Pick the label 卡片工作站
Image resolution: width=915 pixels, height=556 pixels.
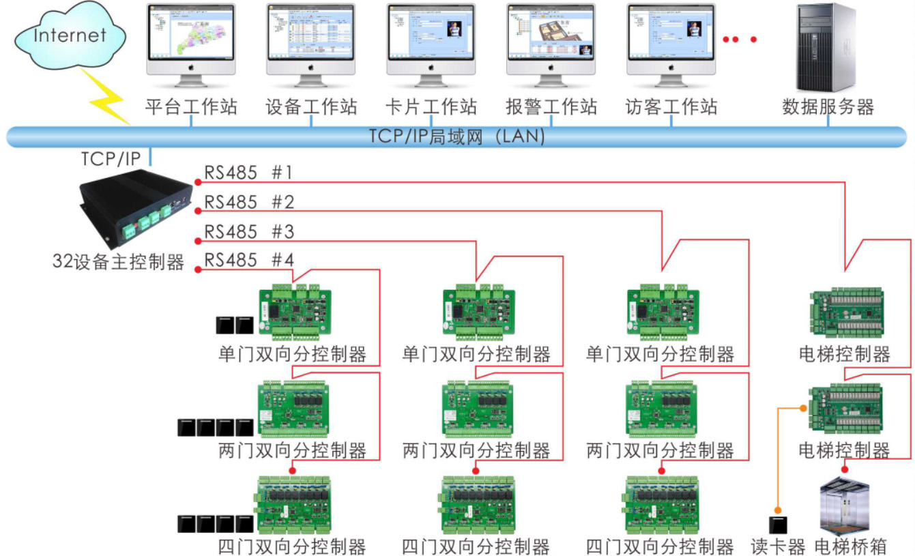point(431,107)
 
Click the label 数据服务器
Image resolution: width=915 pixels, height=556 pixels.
point(828,107)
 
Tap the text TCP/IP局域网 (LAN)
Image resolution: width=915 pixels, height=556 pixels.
point(457,136)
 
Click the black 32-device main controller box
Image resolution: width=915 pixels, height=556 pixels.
point(134,204)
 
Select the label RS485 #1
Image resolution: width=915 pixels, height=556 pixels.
point(248,173)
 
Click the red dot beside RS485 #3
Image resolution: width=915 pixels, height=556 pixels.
point(197,240)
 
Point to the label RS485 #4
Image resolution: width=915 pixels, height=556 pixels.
point(248,261)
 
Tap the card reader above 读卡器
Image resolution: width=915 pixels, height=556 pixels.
point(777,526)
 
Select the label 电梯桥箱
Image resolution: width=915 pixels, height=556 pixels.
point(851,546)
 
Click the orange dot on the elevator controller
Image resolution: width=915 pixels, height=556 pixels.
point(804,408)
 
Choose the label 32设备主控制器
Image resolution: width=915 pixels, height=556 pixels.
point(119,262)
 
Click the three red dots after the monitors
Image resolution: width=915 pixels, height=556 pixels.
point(740,39)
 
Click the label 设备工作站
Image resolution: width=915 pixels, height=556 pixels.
point(311,107)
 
